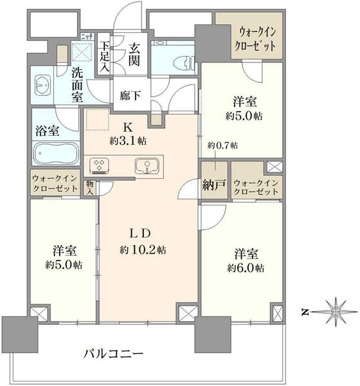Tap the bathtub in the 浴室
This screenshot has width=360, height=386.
coord(56,154)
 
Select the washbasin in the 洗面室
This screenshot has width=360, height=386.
coord(43,85)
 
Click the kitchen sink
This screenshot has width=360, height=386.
coord(147,167)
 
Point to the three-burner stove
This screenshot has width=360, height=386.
coord(100,166)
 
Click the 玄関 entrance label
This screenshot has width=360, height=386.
coord(134,55)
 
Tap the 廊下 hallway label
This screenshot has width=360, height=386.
coord(130,95)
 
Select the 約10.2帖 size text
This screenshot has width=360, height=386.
coord(143,250)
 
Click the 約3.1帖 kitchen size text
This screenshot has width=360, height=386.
coord(128,141)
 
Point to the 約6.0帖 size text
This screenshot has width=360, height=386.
coord(246,268)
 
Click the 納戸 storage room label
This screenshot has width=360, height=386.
coord(214,185)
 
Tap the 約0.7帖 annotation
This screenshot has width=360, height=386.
coord(222,145)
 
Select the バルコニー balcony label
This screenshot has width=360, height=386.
coord(113,354)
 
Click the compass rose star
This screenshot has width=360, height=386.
coord(335,312)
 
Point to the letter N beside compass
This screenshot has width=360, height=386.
coord(305,312)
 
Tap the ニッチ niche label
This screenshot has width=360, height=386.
coord(87,37)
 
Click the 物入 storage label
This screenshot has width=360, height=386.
coord(89,188)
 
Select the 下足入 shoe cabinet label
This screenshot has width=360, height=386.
coord(104,57)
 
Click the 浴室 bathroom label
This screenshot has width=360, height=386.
coord(47,131)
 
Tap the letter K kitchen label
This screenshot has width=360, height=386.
coord(128,127)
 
